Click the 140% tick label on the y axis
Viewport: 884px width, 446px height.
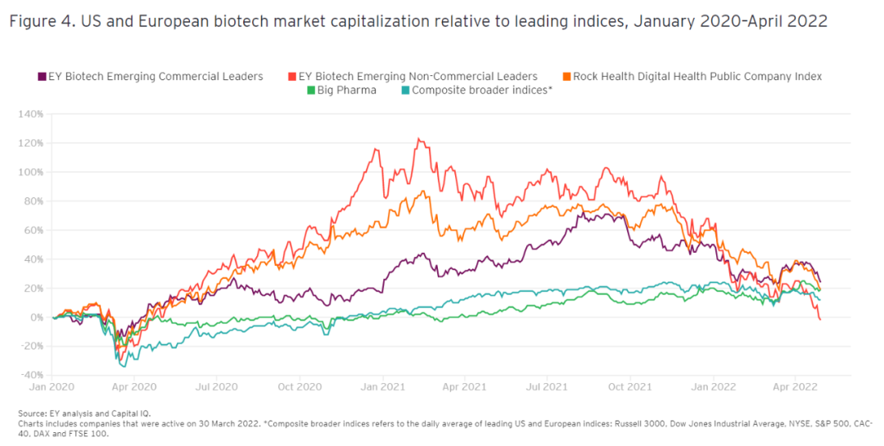tap(29, 114)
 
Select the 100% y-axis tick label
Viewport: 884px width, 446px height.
tap(29, 172)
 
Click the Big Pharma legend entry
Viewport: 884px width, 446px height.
tap(346, 90)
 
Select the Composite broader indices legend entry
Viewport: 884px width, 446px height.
tap(482, 90)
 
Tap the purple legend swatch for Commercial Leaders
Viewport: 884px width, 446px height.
tap(42, 76)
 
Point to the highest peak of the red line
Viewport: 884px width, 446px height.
tap(418, 139)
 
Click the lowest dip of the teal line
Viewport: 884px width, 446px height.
tap(123, 366)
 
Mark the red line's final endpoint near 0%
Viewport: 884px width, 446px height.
tap(820, 319)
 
